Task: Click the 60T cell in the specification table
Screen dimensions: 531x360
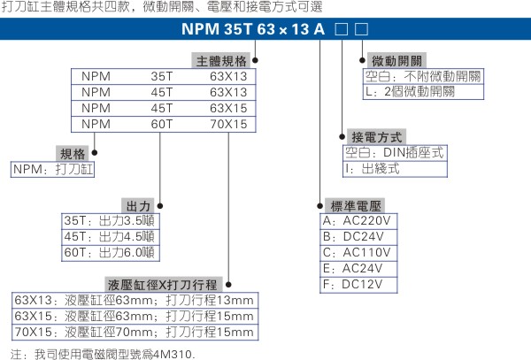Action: pyautogui.click(x=162, y=124)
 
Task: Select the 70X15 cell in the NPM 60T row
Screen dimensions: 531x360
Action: pyautogui.click(x=228, y=124)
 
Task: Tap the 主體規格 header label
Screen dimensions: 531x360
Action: pyautogui.click(x=220, y=61)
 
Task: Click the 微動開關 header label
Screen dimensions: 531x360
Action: pyautogui.click(x=396, y=61)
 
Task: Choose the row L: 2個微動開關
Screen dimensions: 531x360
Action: pyautogui.click(x=423, y=92)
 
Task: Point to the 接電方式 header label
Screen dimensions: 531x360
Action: pyautogui.click(x=377, y=137)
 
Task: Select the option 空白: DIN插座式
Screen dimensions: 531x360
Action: pyautogui.click(x=395, y=153)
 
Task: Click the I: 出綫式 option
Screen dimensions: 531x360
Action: pyautogui.click(x=395, y=169)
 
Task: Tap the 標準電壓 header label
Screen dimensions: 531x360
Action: pyautogui.click(x=355, y=206)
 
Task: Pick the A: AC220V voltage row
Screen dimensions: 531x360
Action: pyautogui.click(x=358, y=221)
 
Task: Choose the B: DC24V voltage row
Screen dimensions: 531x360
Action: pyautogui.click(x=358, y=237)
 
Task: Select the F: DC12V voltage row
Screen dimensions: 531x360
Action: pyautogui.click(x=358, y=285)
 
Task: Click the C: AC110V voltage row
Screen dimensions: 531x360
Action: pyautogui.click(x=358, y=253)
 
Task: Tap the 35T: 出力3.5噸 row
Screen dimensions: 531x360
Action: pyautogui.click(x=111, y=221)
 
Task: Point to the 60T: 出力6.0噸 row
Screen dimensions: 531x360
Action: pyautogui.click(x=111, y=253)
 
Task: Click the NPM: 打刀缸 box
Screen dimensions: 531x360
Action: pyautogui.click(x=52, y=170)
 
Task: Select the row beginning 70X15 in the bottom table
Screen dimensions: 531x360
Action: pyautogui.click(x=135, y=333)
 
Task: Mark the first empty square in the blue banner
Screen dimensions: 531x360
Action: pyautogui.click(x=342, y=29)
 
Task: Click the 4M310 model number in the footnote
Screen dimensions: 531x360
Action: pyautogui.click(x=173, y=354)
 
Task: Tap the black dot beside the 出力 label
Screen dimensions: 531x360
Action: pyautogui.click(x=160, y=206)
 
